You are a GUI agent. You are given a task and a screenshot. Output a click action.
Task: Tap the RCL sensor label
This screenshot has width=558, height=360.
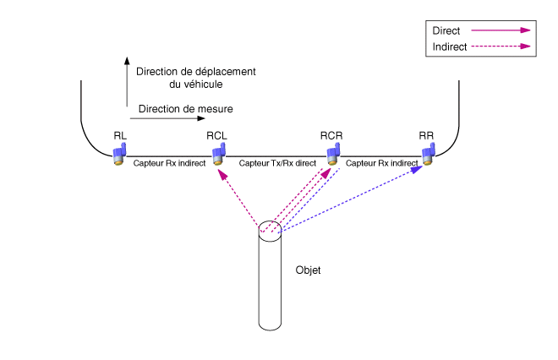pyautogui.click(x=217, y=135)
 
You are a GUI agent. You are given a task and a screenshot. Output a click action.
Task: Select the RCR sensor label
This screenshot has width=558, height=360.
pyautogui.click(x=331, y=135)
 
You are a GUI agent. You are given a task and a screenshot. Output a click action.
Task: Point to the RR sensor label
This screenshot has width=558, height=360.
pyautogui.click(x=426, y=135)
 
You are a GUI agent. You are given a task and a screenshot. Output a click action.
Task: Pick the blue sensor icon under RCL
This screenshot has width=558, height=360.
pyautogui.click(x=219, y=154)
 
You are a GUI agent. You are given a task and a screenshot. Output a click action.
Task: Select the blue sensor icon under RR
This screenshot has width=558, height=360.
pyautogui.click(x=429, y=153)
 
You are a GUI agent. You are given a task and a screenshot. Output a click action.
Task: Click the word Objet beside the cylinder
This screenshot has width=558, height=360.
pyautogui.click(x=309, y=270)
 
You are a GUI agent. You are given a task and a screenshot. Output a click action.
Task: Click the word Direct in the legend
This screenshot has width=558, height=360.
pyautogui.click(x=446, y=30)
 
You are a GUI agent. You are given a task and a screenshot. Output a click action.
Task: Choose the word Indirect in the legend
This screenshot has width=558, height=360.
pyautogui.click(x=450, y=46)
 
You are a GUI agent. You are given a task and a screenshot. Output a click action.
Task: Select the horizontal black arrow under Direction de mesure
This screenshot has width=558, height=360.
pyautogui.click(x=152, y=119)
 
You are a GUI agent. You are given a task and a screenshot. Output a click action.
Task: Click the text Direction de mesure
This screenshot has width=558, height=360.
pyautogui.click(x=185, y=109)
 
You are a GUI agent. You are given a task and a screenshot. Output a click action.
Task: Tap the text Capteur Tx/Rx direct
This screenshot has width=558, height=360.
pyautogui.click(x=277, y=161)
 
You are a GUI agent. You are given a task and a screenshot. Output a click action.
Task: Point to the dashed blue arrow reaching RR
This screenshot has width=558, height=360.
pyautogui.click(x=355, y=198)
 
